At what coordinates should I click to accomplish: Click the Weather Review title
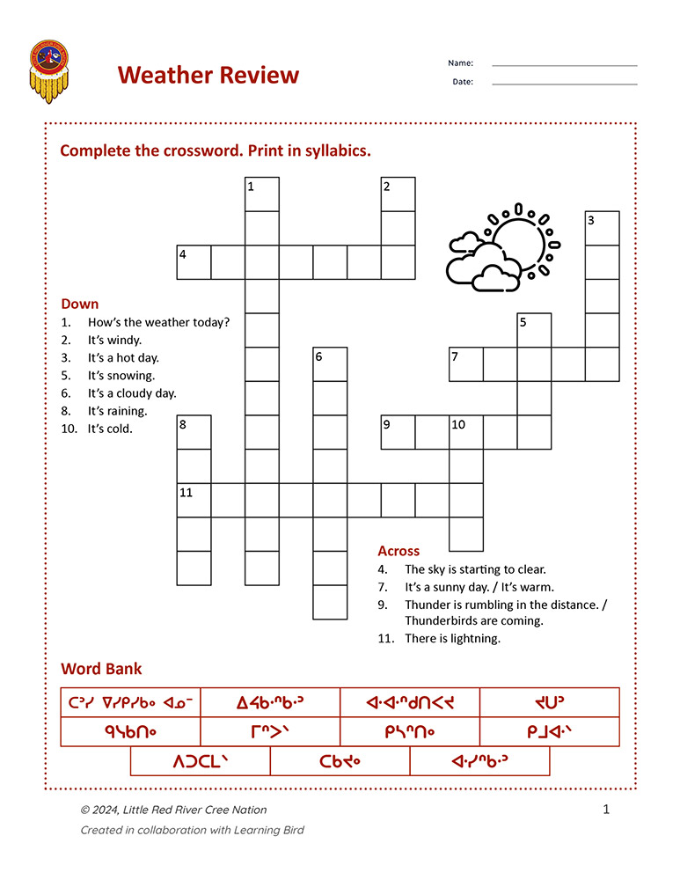(208, 75)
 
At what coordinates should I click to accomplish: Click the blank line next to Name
(564, 65)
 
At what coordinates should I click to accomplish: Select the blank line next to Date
(564, 84)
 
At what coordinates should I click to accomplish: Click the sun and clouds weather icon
(503, 247)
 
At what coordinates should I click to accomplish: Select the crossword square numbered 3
(603, 229)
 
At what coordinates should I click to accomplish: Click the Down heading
(79, 304)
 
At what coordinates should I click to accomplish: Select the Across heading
(398, 551)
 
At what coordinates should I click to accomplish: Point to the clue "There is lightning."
(452, 639)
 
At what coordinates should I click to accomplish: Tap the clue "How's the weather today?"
(158, 322)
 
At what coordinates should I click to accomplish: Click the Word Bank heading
(101, 669)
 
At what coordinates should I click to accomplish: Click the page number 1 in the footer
(606, 810)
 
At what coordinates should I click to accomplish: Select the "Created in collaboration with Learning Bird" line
(192, 830)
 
